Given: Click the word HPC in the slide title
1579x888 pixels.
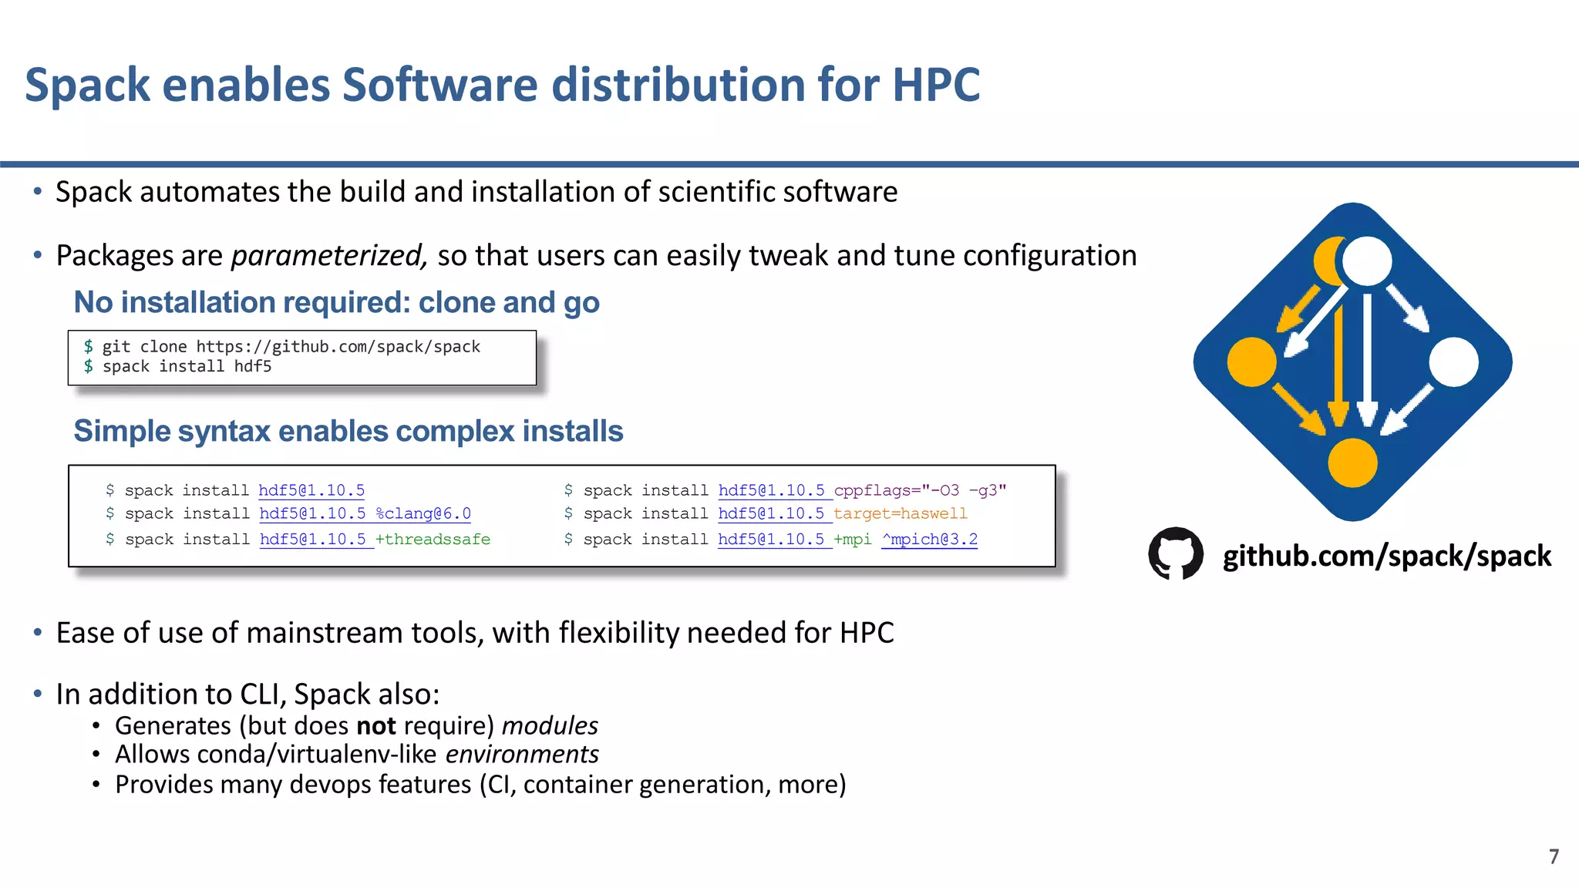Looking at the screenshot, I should [x=936, y=85].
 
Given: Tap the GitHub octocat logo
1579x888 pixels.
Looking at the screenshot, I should [x=1175, y=553].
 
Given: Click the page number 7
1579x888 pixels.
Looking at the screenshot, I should [x=1554, y=856].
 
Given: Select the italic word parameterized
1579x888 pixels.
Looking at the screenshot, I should [x=328, y=255].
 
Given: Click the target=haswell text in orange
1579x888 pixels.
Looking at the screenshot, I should [x=900, y=513].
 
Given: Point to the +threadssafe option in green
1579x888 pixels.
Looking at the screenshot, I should [x=433, y=540].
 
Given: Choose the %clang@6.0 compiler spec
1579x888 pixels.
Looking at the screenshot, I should [x=423, y=513].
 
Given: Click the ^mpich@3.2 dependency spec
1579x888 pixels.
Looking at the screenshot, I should [x=929, y=540].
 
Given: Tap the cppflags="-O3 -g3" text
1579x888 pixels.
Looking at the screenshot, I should [x=920, y=490].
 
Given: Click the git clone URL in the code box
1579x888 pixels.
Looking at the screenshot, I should [x=338, y=347].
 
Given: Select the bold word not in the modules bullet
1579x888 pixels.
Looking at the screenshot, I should [x=375, y=726].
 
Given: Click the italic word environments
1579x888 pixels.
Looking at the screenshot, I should [x=522, y=754].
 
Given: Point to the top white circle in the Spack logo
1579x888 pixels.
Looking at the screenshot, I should [x=1367, y=261].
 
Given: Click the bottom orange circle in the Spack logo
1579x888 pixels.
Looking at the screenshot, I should [x=1352, y=462].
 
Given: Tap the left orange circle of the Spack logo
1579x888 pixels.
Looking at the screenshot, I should [x=1251, y=362].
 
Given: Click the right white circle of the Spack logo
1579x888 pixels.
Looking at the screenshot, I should [x=1453, y=362].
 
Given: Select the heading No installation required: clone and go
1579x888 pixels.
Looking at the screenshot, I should [x=336, y=302].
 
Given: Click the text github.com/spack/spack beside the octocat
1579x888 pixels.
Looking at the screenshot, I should [x=1386, y=556].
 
